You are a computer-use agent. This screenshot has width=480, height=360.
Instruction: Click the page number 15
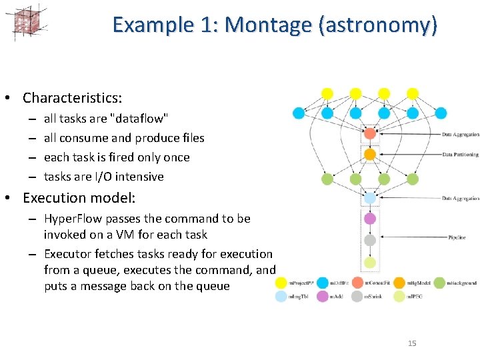click(x=411, y=343)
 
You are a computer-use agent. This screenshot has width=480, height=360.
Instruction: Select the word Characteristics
click(x=72, y=98)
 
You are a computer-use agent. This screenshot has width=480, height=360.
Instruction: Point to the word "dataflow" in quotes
click(x=138, y=119)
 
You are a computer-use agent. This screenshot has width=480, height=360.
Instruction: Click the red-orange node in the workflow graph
click(x=370, y=133)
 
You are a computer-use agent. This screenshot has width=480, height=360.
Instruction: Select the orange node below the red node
click(x=370, y=155)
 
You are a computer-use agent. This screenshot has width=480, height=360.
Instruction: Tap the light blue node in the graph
click(x=370, y=197)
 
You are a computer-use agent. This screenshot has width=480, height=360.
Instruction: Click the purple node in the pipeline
click(x=370, y=219)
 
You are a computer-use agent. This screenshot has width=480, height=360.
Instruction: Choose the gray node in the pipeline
click(x=370, y=240)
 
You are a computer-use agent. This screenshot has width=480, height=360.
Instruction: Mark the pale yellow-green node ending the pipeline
click(x=370, y=262)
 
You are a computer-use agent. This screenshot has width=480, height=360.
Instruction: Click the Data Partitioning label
click(x=460, y=155)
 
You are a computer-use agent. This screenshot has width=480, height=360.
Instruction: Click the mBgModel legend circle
click(x=399, y=283)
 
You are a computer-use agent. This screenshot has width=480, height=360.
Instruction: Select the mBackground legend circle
click(x=439, y=283)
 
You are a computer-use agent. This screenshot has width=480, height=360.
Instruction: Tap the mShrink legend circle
click(x=357, y=296)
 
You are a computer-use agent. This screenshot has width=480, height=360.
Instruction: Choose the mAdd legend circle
click(x=323, y=296)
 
